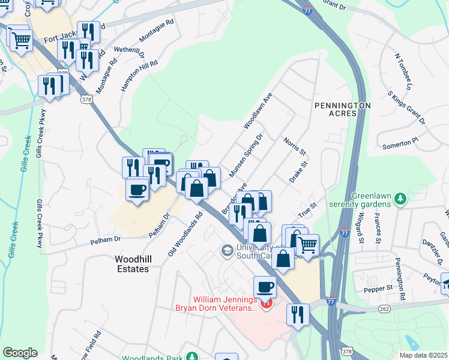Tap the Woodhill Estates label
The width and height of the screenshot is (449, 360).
click(132, 264)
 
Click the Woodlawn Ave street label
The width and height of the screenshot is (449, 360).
click(258, 111)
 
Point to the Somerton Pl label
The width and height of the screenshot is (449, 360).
click(400, 143)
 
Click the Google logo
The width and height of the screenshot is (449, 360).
click(20, 353)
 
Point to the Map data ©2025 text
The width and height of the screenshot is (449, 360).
click(423, 355)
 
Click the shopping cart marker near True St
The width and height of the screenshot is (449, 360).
click(307, 245)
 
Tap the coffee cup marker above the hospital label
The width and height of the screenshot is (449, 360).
click(265, 286)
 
